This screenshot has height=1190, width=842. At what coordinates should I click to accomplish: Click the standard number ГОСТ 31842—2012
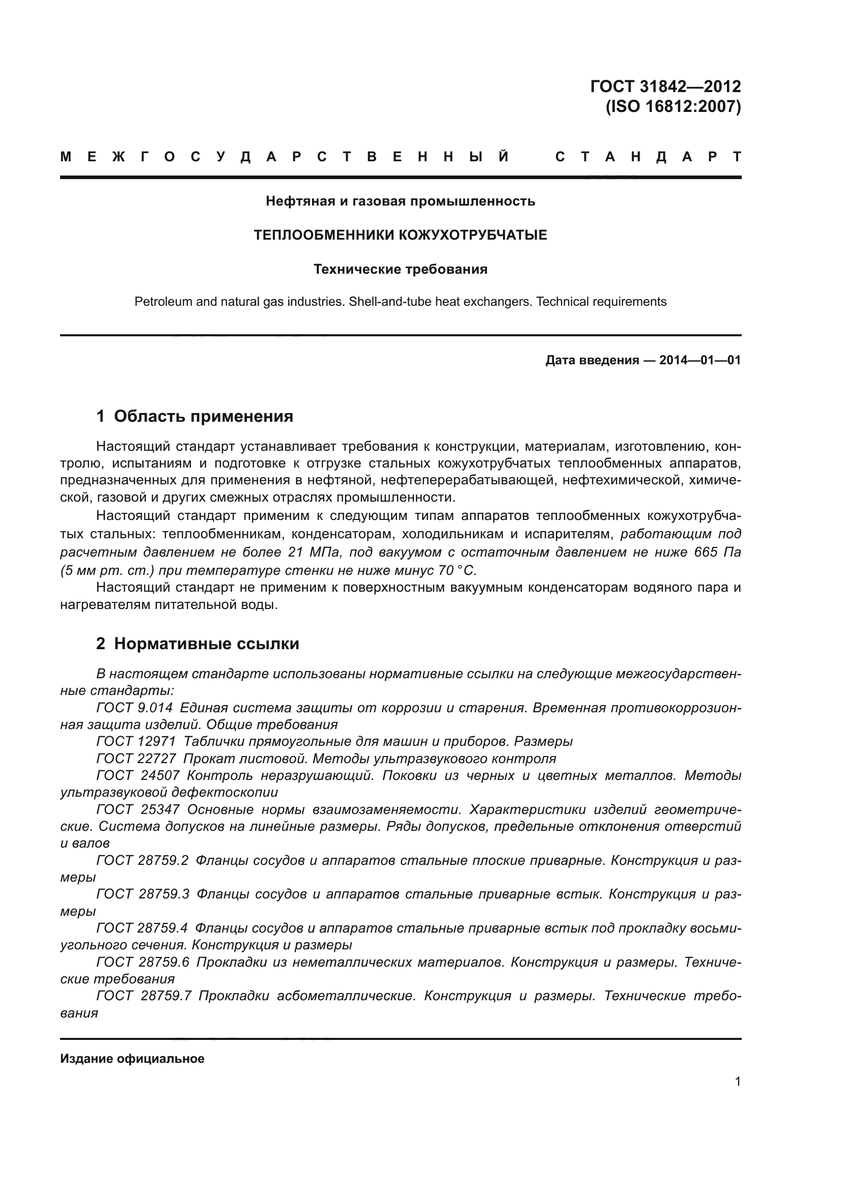tap(665, 86)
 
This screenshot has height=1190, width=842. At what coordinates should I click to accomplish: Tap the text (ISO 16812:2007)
tap(673, 106)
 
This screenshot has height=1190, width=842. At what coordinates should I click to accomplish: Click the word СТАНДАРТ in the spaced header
tap(648, 157)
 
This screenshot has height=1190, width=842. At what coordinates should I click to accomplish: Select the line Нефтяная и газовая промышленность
tap(400, 201)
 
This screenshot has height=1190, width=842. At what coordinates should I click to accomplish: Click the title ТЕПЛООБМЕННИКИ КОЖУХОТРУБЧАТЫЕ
tap(400, 236)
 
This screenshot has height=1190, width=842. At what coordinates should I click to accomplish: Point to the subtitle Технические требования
tap(400, 270)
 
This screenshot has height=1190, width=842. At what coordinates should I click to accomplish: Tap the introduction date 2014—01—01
tap(699, 360)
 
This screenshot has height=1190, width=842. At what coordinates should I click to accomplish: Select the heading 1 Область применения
tap(194, 416)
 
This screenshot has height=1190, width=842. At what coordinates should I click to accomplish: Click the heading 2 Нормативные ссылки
tap(198, 644)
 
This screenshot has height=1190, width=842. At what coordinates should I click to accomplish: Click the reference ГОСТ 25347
tap(138, 809)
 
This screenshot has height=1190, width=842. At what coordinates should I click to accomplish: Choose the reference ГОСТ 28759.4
tap(143, 928)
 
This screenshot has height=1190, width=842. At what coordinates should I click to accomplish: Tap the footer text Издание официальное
tap(132, 1059)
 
